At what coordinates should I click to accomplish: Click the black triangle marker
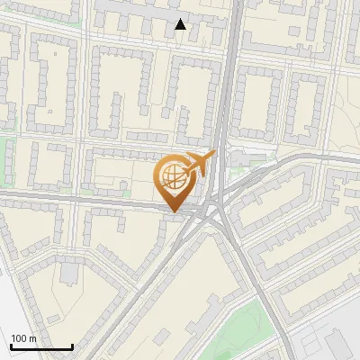[x=181, y=24]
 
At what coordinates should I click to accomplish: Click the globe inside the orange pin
[x=174, y=175]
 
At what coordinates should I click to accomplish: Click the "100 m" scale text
[x=23, y=337]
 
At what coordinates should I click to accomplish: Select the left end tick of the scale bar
[x=11, y=346]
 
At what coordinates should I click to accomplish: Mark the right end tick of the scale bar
[x=72, y=346]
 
